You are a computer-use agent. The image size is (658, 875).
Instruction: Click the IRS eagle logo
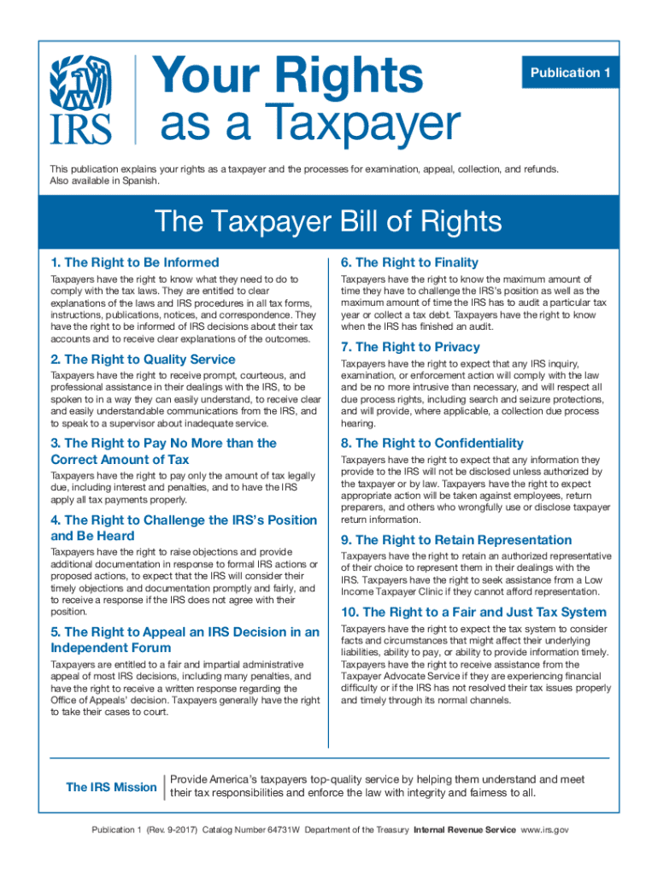(x=82, y=98)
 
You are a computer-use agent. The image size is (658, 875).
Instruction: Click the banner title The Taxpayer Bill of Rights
(x=328, y=222)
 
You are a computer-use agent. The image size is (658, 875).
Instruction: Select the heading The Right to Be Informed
(x=135, y=262)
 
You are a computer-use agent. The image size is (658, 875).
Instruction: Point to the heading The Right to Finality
(x=409, y=262)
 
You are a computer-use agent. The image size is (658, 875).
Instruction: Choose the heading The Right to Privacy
(x=410, y=347)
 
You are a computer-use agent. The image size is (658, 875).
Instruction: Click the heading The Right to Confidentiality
(x=432, y=443)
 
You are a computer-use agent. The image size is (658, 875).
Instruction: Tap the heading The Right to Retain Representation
(x=456, y=540)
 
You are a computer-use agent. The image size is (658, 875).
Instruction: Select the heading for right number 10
(x=473, y=612)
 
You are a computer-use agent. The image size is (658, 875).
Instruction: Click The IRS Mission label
(x=111, y=787)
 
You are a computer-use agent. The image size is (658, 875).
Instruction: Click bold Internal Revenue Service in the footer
(x=464, y=830)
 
